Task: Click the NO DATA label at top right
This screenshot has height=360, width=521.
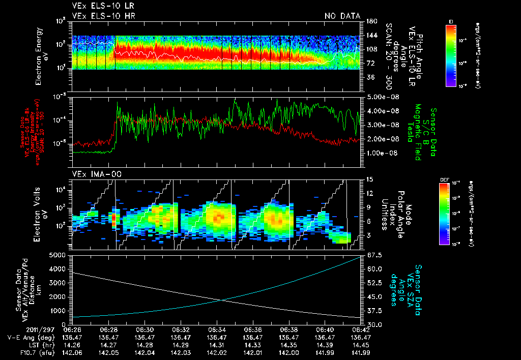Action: [x=342, y=16]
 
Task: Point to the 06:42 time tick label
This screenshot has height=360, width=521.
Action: [x=361, y=329]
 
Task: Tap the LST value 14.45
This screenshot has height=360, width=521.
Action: [x=361, y=344]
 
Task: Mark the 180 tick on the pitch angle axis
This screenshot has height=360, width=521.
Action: [x=370, y=21]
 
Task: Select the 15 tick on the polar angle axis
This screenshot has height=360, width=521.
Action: [x=369, y=179]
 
